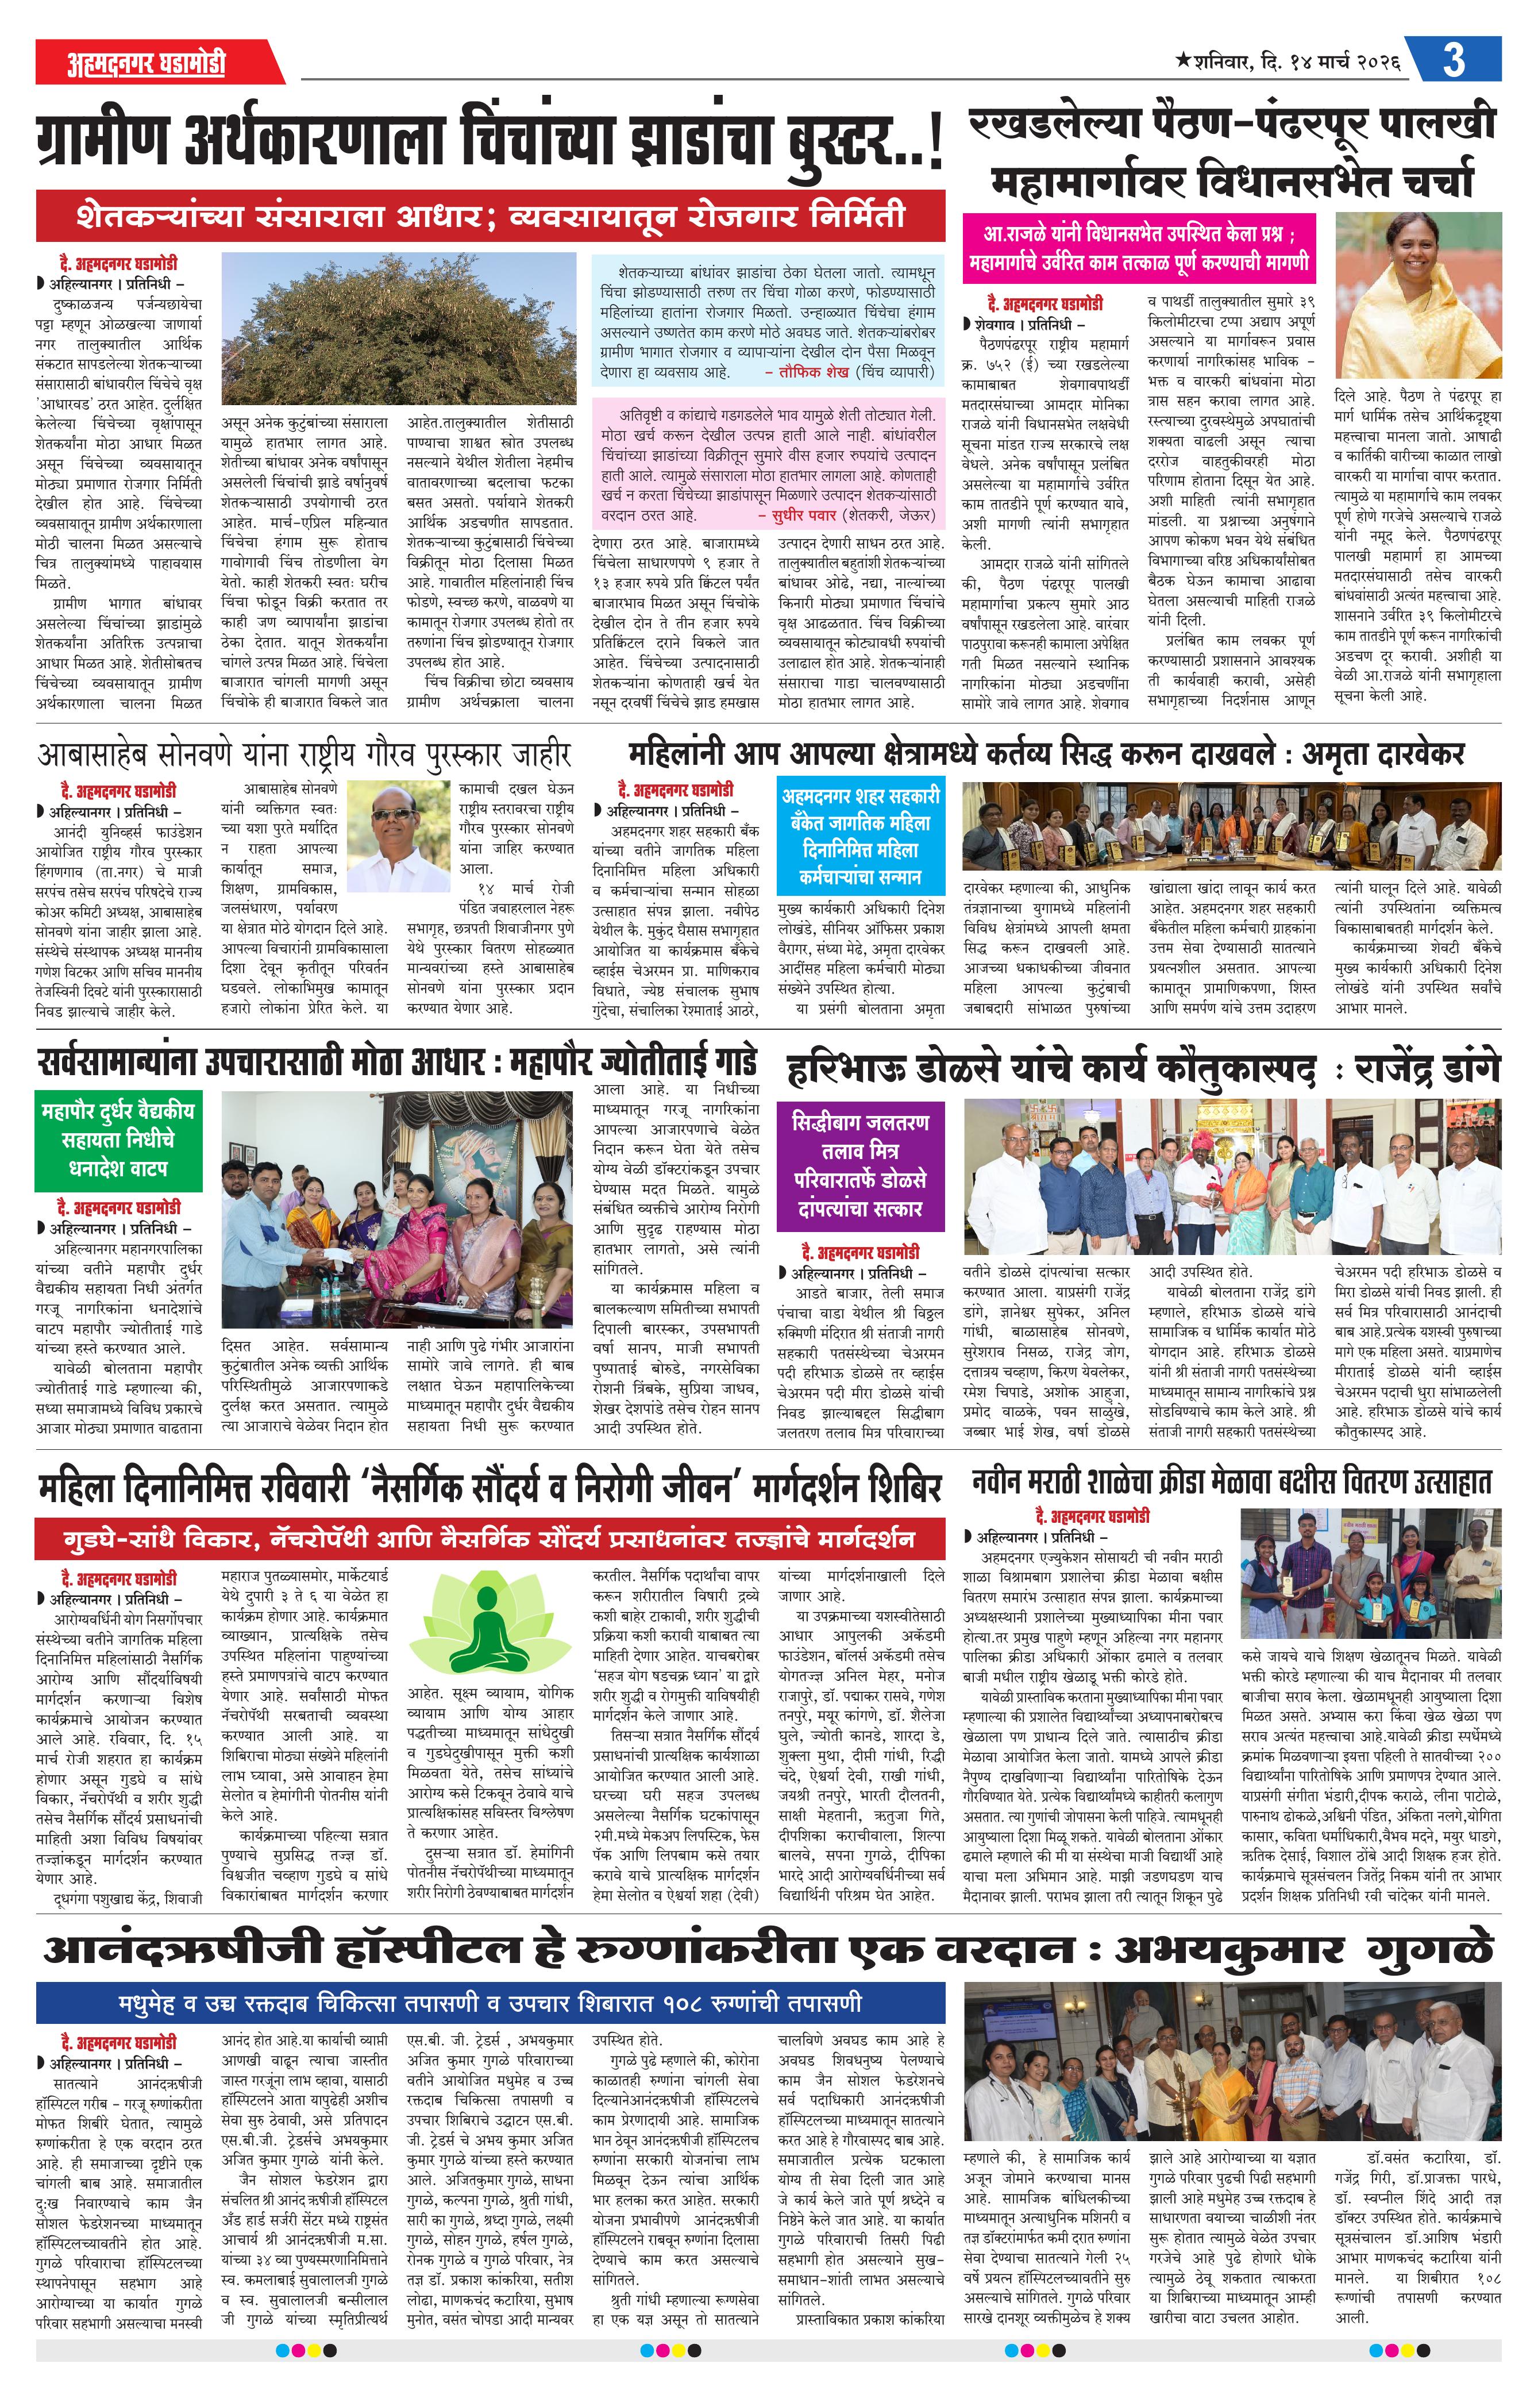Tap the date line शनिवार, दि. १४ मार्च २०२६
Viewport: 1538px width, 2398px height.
pyautogui.click(x=1288, y=62)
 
